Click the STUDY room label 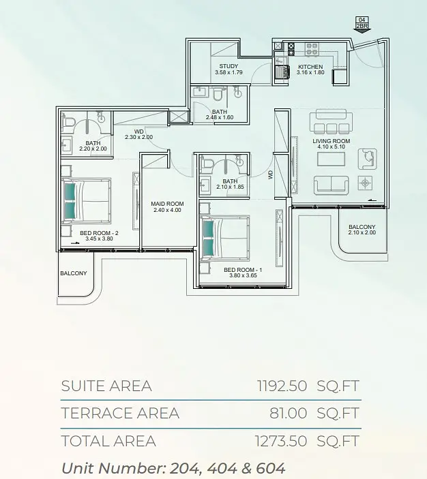(x=229, y=66)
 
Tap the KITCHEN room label (x=310, y=67)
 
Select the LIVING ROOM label (x=332, y=141)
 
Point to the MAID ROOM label (x=167, y=204)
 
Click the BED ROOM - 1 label (x=243, y=270)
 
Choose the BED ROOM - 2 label (x=99, y=233)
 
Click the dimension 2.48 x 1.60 (x=220, y=117)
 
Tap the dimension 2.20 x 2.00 (x=93, y=149)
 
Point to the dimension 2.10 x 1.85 (x=230, y=187)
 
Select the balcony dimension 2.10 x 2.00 (x=362, y=232)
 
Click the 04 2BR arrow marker (x=362, y=24)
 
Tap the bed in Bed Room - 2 (x=86, y=200)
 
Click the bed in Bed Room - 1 (x=224, y=237)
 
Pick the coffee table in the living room (x=331, y=159)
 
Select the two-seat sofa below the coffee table (x=332, y=185)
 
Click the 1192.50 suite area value (x=282, y=386)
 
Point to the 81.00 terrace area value (x=288, y=414)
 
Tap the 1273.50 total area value (x=281, y=441)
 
